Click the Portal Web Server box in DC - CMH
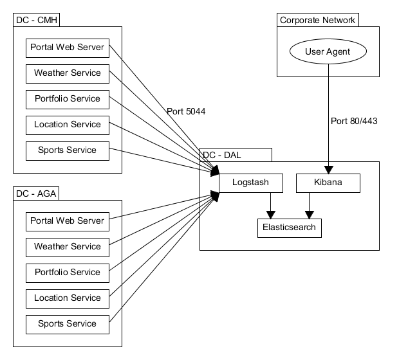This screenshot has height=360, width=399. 68,48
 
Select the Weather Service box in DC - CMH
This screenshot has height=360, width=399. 68,73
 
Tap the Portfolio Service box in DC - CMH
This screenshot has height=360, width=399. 68,99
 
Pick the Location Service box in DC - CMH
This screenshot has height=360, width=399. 68,125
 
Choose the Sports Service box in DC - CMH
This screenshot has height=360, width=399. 68,150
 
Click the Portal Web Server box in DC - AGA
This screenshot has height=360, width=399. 68,221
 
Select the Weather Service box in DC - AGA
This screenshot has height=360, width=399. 68,247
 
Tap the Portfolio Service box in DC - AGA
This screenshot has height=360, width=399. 68,273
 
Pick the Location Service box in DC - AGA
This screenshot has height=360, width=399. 68,298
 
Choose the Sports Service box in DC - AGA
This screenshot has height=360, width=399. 68,324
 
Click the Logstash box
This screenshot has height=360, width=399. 251,183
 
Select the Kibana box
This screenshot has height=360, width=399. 328,183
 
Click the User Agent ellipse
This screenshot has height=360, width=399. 328,51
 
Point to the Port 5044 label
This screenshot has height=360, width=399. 186,111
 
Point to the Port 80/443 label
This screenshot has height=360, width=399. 354,121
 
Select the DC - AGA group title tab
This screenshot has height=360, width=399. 36,194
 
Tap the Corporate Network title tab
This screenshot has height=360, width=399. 317,20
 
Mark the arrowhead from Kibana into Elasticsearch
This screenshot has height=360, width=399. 310,215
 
